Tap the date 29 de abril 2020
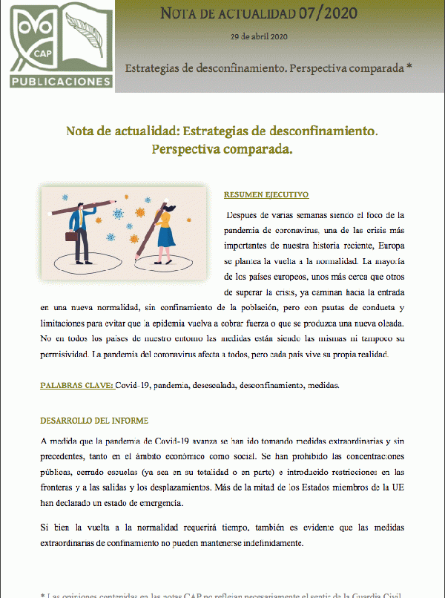(x=259, y=36)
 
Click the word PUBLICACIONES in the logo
(x=61, y=79)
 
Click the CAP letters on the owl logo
(x=42, y=54)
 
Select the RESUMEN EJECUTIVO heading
(x=266, y=195)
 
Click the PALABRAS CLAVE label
(x=76, y=385)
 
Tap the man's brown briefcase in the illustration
(x=71, y=237)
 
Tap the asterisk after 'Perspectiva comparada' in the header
(x=409, y=67)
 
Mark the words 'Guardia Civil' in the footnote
(x=374, y=594)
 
